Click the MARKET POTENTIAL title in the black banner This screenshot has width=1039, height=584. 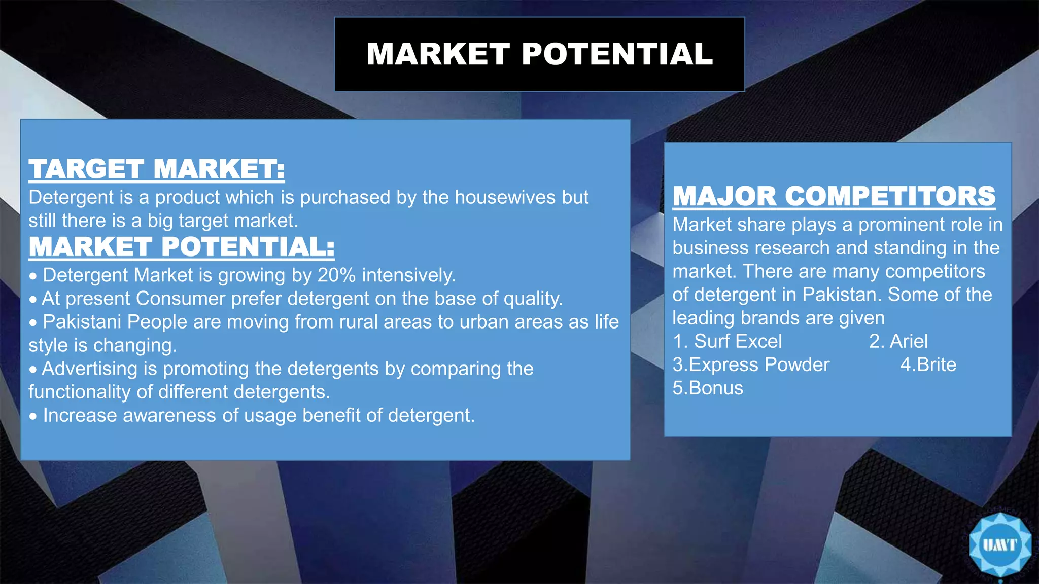(540, 54)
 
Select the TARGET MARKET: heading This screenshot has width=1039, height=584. (156, 169)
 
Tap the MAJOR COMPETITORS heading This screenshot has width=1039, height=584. (834, 196)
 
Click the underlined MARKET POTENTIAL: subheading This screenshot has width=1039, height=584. (182, 247)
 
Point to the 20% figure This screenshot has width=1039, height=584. (336, 275)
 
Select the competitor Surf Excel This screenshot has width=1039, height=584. (738, 341)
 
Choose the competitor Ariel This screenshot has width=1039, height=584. (909, 341)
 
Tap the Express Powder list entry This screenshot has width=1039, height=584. (759, 364)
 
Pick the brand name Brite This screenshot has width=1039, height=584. (936, 364)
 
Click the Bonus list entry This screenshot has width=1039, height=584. (716, 388)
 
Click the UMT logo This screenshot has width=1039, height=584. (999, 545)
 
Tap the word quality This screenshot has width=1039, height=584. (533, 299)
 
